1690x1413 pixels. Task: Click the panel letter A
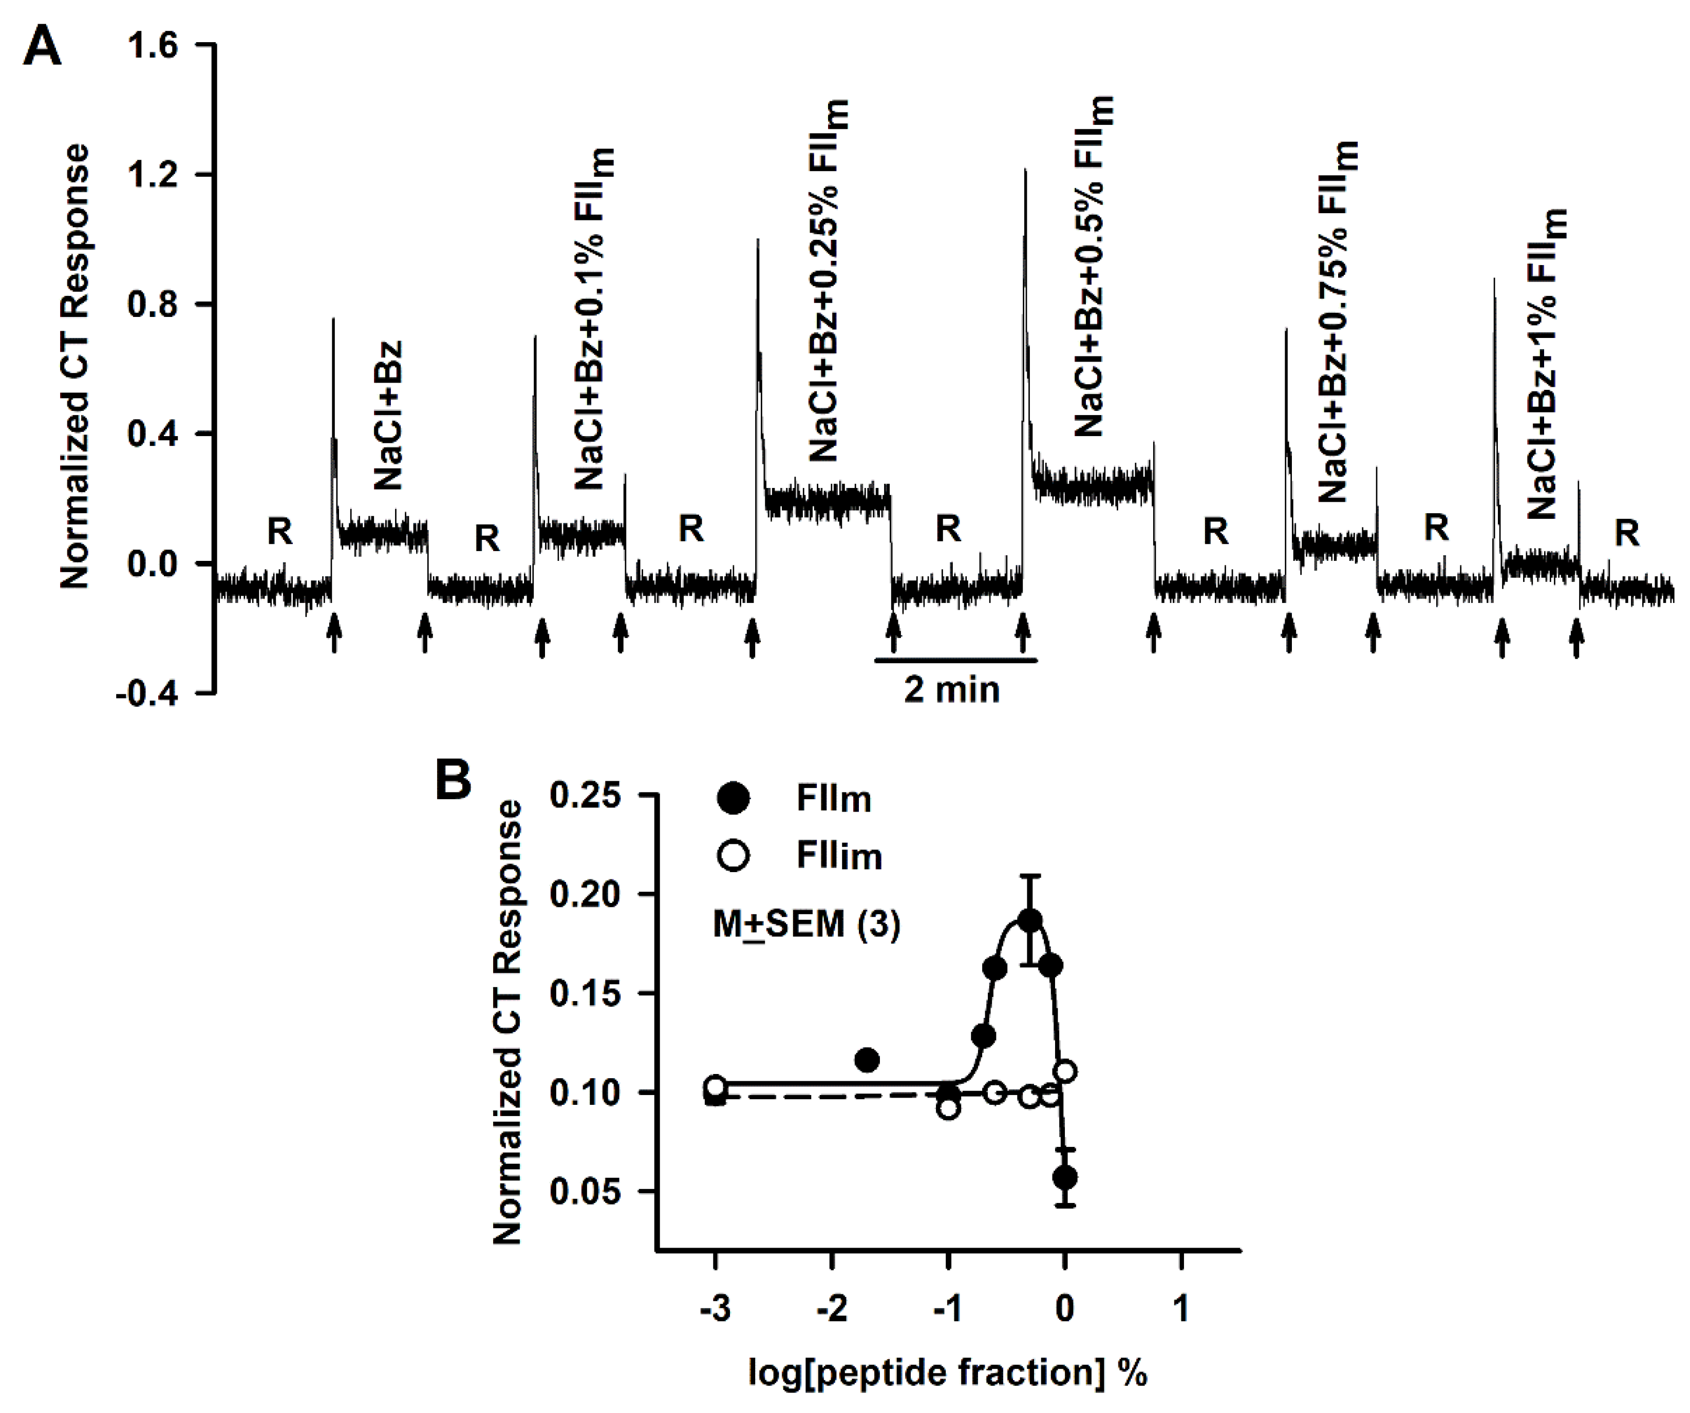[42, 48]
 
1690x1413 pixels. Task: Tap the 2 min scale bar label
[951, 690]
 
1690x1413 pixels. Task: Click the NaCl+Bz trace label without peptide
[388, 416]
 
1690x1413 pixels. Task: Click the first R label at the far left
[279, 531]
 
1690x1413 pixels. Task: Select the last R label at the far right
[1626, 533]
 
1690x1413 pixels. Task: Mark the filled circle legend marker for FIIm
[733, 798]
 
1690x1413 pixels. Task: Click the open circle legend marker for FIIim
[733, 855]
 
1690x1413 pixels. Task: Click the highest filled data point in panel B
[1030, 920]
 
